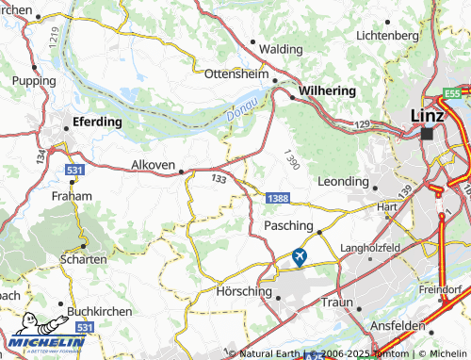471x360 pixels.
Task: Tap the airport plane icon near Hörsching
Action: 300,255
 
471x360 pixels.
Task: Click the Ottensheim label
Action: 236,72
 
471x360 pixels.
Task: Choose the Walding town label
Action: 282,48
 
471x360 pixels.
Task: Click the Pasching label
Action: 288,227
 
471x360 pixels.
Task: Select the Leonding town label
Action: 344,180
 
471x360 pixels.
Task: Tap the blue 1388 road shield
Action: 277,198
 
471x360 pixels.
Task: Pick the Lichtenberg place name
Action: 387,35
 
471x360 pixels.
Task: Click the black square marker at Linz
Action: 428,134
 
